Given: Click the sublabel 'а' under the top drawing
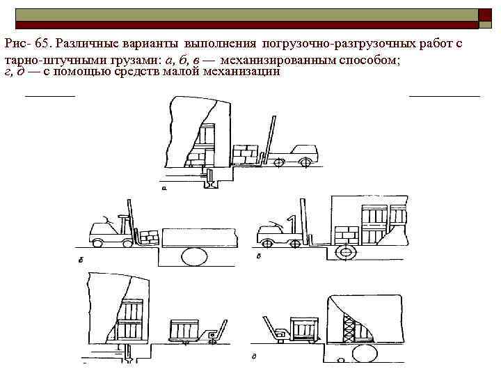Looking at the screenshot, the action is coord(164,187).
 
